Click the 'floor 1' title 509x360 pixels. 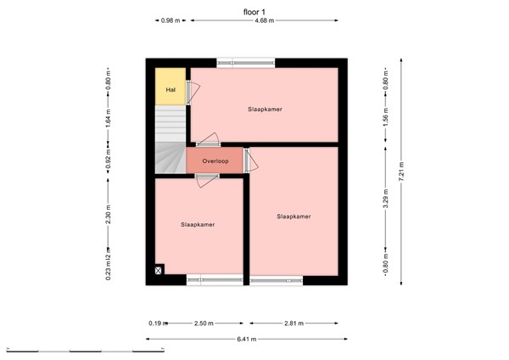(254, 10)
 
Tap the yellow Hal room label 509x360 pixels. (171, 89)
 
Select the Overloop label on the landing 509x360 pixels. (215, 160)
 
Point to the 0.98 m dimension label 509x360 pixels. (171, 21)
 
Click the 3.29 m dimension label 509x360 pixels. (385, 202)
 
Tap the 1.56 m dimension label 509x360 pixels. (385, 115)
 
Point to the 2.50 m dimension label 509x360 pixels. (203, 323)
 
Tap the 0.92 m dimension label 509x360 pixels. (109, 164)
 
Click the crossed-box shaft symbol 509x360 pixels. (159, 271)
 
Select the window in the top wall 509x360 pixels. (245, 61)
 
